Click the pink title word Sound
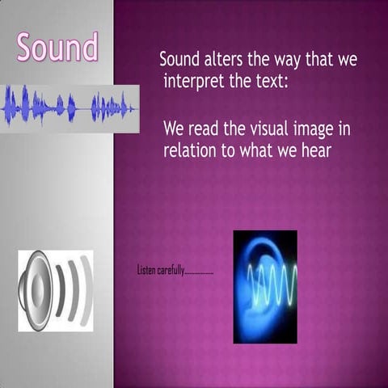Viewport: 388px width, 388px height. pos(57,48)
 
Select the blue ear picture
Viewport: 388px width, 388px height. pos(264,286)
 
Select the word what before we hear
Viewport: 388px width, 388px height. pos(258,151)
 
